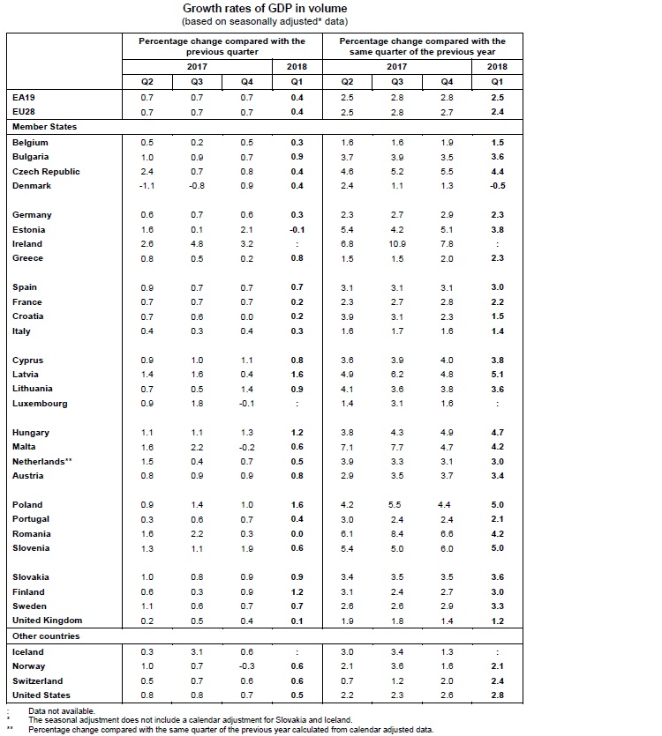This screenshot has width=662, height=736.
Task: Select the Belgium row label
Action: point(30,143)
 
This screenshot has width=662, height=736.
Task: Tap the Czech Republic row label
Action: point(46,172)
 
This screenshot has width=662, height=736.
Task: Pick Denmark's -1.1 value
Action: point(147,186)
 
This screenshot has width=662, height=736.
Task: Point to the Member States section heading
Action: point(44,127)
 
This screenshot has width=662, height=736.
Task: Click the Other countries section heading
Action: point(46,636)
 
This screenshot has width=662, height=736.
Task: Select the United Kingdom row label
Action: point(47,621)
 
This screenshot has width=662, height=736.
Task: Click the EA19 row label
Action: point(24,98)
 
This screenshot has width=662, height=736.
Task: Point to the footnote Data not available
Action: point(62,710)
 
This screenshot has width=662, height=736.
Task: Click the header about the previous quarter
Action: point(222,47)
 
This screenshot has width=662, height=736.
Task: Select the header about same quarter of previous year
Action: point(422,47)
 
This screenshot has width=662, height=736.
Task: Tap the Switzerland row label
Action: point(37,681)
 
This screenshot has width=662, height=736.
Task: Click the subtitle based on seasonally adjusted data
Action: point(265,19)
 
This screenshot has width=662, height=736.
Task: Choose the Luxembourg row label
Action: point(40,404)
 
